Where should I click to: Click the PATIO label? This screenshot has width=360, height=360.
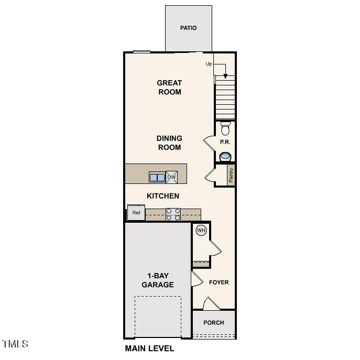(x=188, y=28)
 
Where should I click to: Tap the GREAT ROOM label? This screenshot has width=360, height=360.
(x=169, y=88)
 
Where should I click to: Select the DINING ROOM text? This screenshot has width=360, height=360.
(x=169, y=143)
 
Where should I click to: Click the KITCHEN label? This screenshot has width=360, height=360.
(x=163, y=196)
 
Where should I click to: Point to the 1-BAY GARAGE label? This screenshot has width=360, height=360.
(x=158, y=280)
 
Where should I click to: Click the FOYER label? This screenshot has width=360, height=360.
(x=219, y=282)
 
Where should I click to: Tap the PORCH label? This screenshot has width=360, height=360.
(x=213, y=323)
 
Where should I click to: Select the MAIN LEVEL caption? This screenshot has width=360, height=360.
(x=149, y=348)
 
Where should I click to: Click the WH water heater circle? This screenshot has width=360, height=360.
(x=201, y=230)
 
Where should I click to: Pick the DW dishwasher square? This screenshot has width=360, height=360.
(x=171, y=177)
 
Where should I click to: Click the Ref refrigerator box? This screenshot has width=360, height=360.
(x=136, y=213)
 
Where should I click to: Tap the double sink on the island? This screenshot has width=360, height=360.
(x=157, y=177)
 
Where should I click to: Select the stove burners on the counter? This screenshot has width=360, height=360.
(x=173, y=214)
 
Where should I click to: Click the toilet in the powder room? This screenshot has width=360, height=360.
(x=225, y=128)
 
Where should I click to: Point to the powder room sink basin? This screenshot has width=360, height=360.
(x=225, y=156)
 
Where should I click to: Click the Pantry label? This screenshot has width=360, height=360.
(x=231, y=175)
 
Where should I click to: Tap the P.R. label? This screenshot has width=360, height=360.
(x=225, y=142)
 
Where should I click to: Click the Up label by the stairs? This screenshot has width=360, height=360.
(x=209, y=64)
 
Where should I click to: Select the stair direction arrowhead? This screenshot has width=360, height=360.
(x=225, y=76)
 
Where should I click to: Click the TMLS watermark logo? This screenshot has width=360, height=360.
(x=15, y=344)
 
